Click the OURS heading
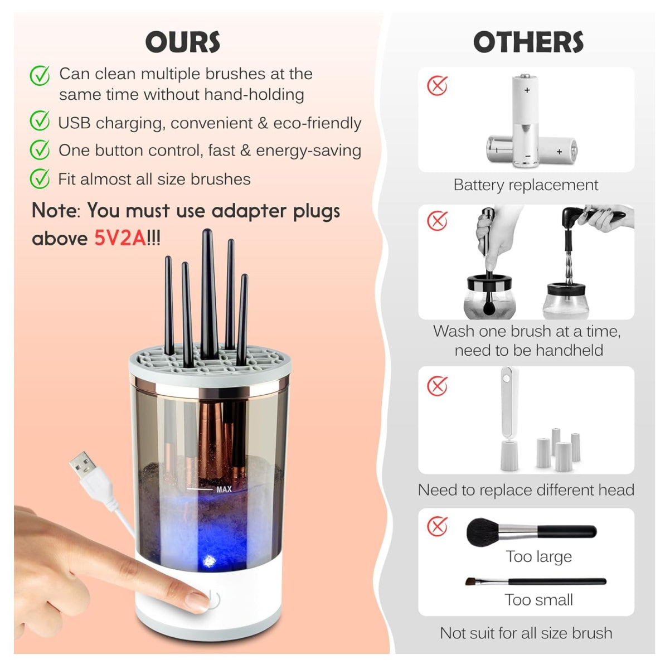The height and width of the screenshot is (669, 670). coord(183,42)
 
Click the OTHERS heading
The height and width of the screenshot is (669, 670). coord(528,42)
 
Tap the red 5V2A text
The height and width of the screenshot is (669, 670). coord(120,239)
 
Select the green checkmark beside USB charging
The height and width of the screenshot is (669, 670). coord(40,121)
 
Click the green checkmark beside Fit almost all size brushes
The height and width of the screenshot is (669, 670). coord(40,178)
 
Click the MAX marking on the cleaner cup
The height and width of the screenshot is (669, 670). coord(224,489)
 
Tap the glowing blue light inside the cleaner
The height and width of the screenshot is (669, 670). coord(209,560)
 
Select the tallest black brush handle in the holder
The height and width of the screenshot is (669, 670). coord(208,290)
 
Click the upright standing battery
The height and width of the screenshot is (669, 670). coord(526,120)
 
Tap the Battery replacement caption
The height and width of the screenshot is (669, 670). coord(526,185)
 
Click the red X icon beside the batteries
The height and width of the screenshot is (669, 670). coord(438,86)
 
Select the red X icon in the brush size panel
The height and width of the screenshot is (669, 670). coord(438,526)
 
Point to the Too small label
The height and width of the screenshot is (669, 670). coord(538,600)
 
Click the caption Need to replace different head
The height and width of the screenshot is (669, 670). coord(526,490)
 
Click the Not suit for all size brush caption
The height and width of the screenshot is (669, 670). coord(526,633)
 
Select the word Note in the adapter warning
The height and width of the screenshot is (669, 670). coord(55,211)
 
